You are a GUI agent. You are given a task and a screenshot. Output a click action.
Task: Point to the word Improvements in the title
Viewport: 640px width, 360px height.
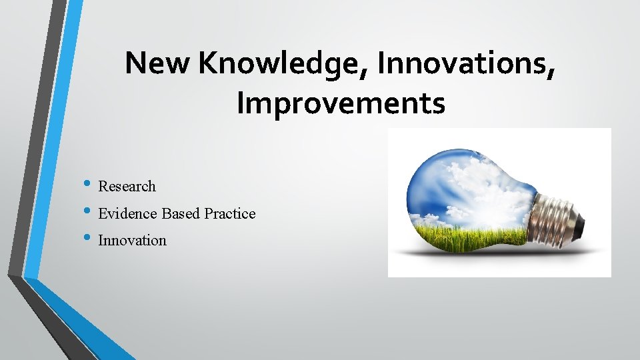(x=341, y=103)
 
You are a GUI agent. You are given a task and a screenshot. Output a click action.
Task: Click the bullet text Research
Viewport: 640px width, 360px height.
(x=127, y=187)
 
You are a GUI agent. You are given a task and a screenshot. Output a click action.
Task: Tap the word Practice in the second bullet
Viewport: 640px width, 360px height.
(x=230, y=214)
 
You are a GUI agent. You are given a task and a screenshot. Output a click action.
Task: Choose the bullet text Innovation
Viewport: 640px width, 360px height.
(x=132, y=241)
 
